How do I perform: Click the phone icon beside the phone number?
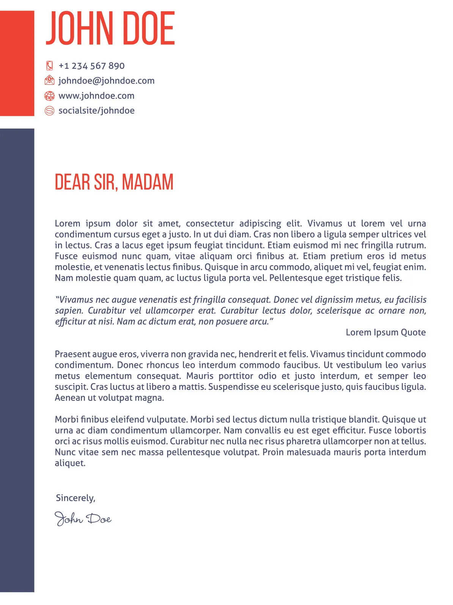49,66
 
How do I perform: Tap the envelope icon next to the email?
49,81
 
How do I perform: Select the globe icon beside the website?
49,96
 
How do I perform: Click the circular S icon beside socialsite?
49,111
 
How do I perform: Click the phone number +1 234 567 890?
91,66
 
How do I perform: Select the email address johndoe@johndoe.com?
106,81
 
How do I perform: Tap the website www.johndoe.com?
96,96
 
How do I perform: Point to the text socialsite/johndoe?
96,111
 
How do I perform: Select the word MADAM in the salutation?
148,182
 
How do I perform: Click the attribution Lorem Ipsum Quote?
385,332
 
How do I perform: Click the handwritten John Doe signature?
83,518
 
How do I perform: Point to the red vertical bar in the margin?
17,63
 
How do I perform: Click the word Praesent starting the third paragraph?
72,354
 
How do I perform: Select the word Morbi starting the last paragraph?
66,420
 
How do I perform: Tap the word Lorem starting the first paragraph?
67,223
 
